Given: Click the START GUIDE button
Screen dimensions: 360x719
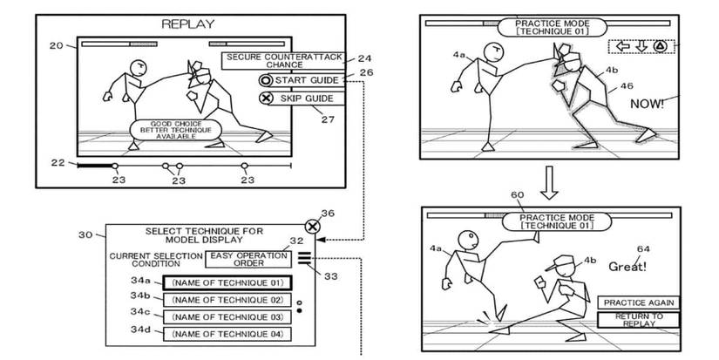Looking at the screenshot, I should coord(302,80).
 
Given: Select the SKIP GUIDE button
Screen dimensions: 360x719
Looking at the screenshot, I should coord(302,98).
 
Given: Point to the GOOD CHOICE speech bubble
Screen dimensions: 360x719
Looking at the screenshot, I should coord(174,131).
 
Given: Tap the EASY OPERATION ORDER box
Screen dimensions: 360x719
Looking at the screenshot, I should coord(248,258).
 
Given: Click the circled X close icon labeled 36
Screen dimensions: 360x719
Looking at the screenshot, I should coord(313,227).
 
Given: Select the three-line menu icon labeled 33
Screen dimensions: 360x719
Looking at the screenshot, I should coord(302,256).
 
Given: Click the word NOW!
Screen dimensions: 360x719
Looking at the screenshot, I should coord(648,104).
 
